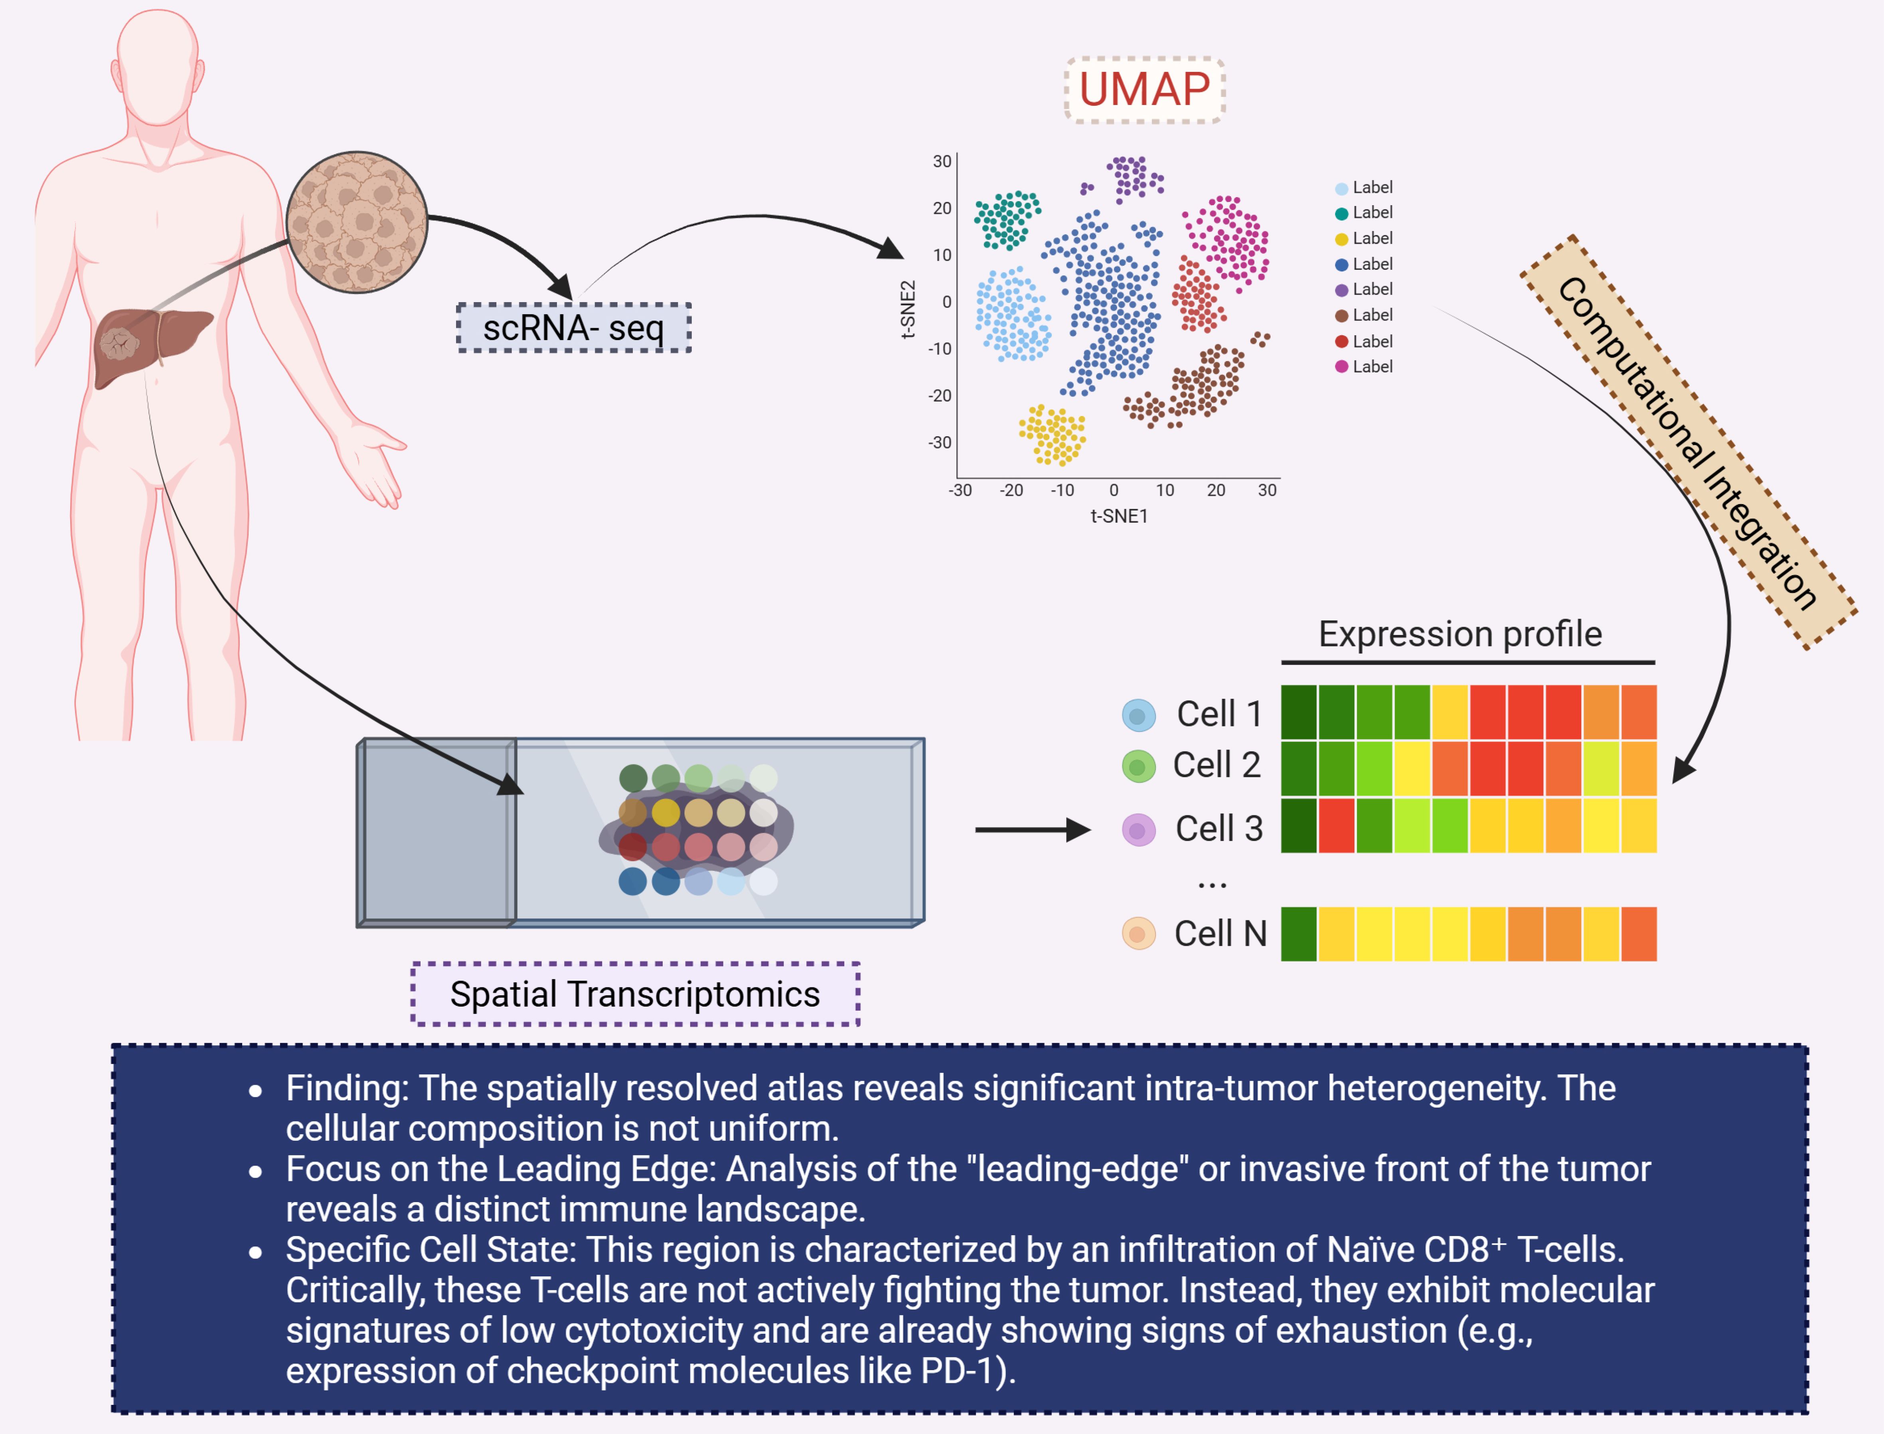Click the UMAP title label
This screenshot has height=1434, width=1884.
pyautogui.click(x=1144, y=90)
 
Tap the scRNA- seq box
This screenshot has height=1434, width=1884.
pyautogui.click(x=573, y=328)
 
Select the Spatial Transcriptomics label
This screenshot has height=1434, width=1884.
pyautogui.click(x=635, y=995)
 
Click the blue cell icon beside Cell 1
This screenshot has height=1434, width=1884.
pyautogui.click(x=1138, y=715)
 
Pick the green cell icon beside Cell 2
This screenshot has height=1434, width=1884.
pyautogui.click(x=1138, y=767)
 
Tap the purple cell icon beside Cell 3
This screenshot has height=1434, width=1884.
pyautogui.click(x=1138, y=830)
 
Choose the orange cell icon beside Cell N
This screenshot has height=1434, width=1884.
pyautogui.click(x=1138, y=934)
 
